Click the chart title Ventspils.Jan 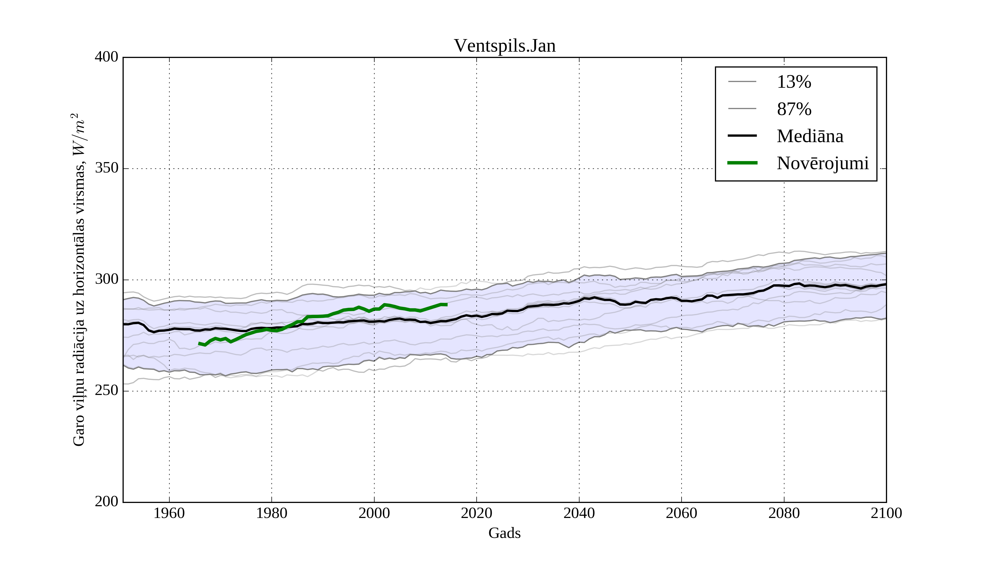pyautogui.click(x=504, y=46)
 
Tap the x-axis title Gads pyautogui.click(x=504, y=533)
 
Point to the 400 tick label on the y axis pyautogui.click(x=106, y=57)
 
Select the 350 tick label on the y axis pyautogui.click(x=106, y=168)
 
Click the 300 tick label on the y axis pyautogui.click(x=106, y=280)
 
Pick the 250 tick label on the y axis pyautogui.click(x=106, y=391)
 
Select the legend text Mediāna pyautogui.click(x=810, y=136)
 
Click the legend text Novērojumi pyautogui.click(x=822, y=163)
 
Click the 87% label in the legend pyautogui.click(x=794, y=109)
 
